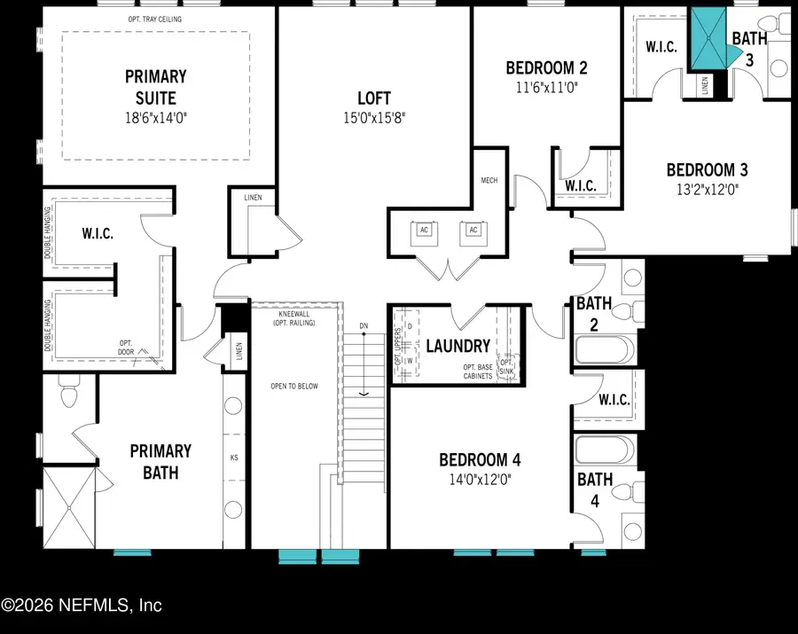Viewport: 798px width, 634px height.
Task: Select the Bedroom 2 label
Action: tap(546, 67)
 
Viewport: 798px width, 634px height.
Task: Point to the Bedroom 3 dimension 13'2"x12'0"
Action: tap(701, 188)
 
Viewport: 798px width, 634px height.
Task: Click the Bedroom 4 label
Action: tap(480, 459)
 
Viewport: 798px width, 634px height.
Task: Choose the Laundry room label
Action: tap(458, 346)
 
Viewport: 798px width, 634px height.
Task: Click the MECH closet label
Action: tap(489, 180)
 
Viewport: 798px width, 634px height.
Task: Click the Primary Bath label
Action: tap(154, 461)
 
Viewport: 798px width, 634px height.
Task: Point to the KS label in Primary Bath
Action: tap(234, 459)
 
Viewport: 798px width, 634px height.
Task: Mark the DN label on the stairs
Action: tap(364, 326)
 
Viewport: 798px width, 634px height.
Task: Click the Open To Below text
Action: tap(293, 386)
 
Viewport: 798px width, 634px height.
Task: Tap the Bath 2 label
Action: tap(594, 314)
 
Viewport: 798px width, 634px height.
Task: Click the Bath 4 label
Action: tap(594, 489)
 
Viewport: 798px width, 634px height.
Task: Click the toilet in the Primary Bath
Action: tap(68, 391)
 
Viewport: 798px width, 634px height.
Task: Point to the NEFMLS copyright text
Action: tap(82, 607)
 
